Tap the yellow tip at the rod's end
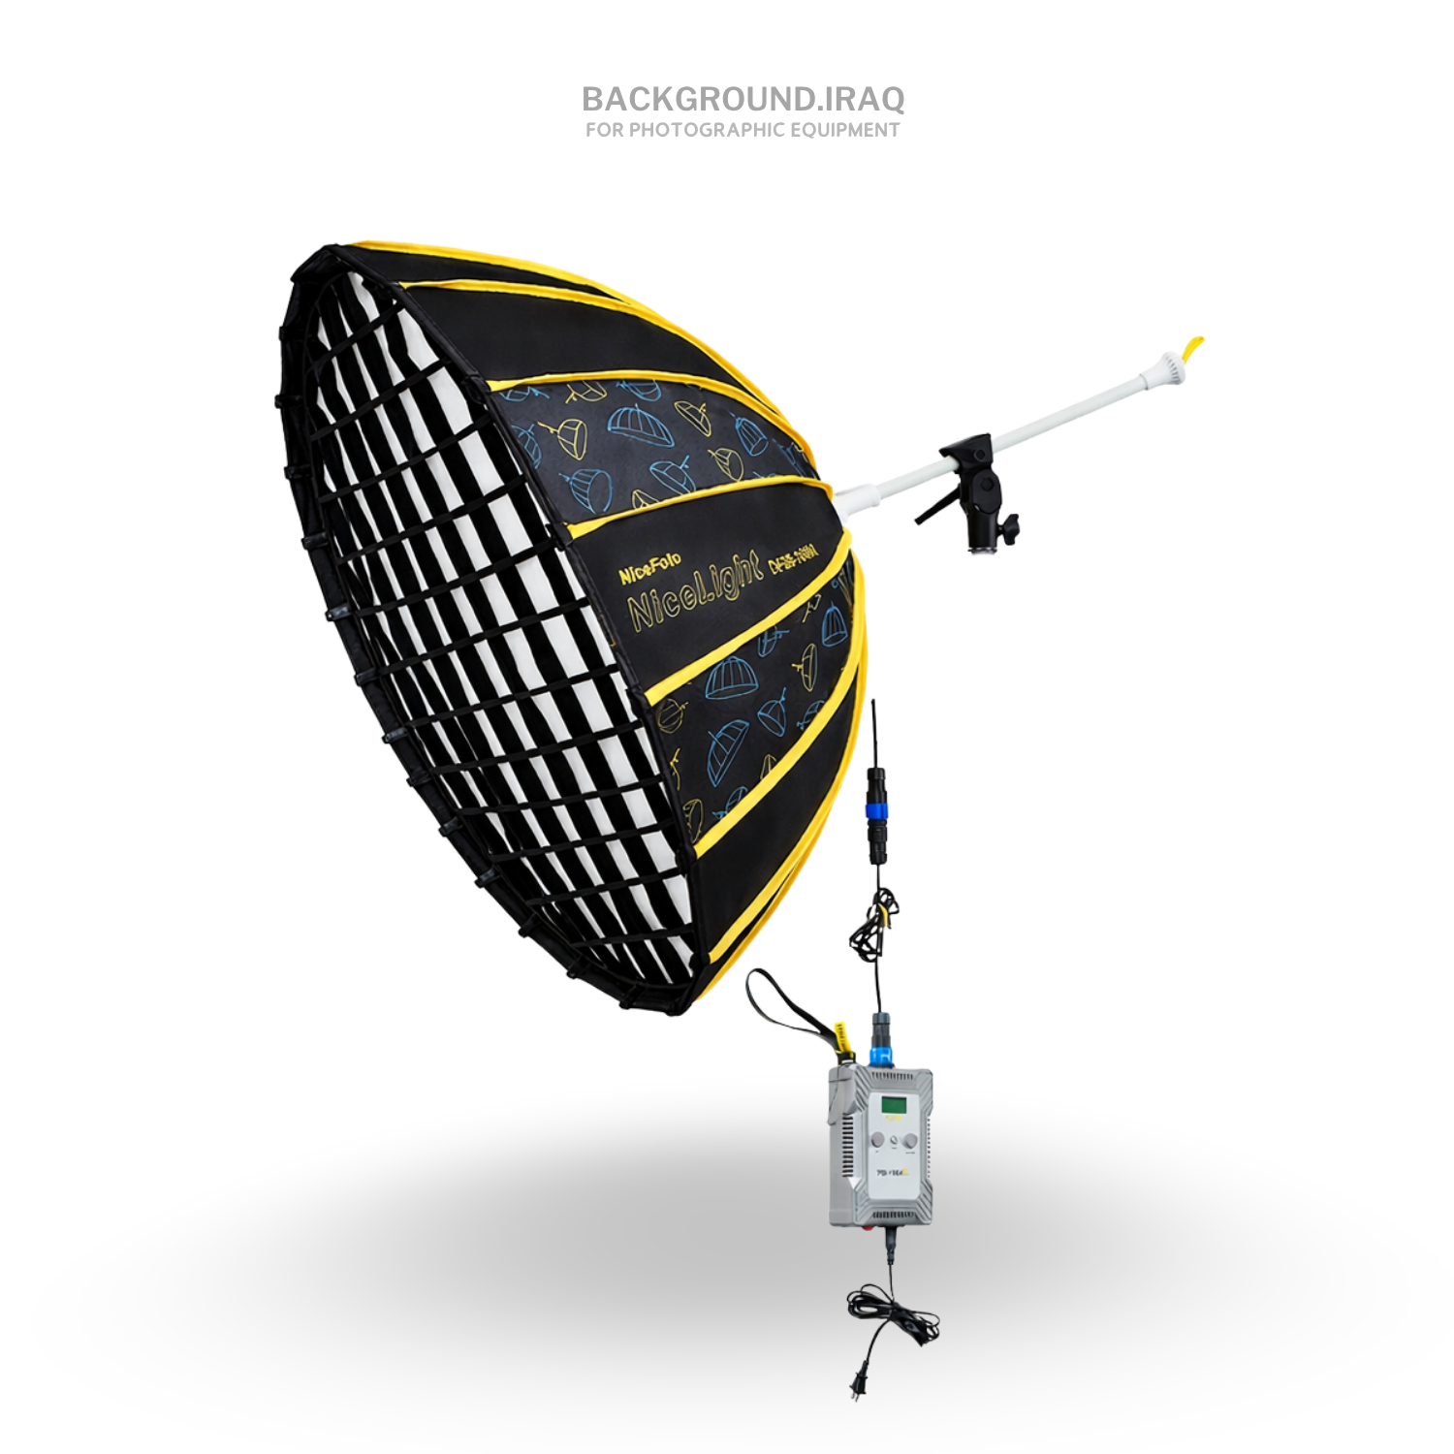[x=1196, y=346]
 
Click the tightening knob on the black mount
[x=1012, y=526]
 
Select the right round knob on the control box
[x=911, y=1142]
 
